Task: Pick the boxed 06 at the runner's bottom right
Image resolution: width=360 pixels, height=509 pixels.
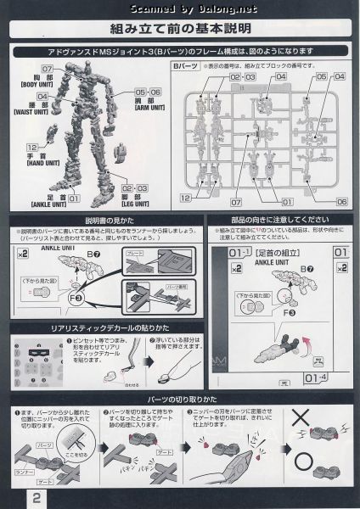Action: pos(341,203)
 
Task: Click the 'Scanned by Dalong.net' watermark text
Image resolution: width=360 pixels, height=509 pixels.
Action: pos(180,8)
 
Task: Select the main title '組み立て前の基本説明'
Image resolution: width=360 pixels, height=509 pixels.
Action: pos(179,28)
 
